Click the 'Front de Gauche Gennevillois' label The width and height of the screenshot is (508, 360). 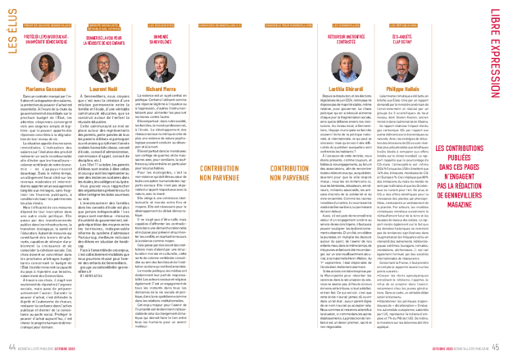pos(47,25)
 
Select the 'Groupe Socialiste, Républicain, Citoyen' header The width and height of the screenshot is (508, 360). pos(104,27)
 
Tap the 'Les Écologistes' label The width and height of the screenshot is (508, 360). pos(161,25)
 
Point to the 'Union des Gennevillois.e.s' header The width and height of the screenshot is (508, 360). pos(220,25)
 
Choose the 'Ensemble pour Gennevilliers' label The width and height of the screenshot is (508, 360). pos(288,25)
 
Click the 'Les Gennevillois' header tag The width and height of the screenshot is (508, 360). pos(347,25)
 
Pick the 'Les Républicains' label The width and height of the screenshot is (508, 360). pos(403,25)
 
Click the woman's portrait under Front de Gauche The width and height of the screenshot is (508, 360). pos(46,67)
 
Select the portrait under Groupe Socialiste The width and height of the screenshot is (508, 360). pos(103,67)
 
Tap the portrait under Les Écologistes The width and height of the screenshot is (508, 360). pos(161,67)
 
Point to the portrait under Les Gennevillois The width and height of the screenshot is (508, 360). pos(346,67)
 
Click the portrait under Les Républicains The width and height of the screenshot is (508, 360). pos(402,67)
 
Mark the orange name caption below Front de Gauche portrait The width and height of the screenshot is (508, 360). pos(46,89)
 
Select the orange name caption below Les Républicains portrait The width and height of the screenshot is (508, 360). pos(402,89)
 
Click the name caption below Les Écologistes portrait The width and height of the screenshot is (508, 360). pos(161,89)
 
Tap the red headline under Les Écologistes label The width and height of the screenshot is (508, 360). pos(161,39)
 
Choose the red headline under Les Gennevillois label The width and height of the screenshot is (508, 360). pos(347,39)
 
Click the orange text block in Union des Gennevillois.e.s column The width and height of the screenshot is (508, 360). pos(220,172)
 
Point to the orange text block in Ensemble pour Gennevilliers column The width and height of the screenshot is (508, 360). pos(289,172)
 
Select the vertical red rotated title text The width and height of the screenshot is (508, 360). pos(496,53)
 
